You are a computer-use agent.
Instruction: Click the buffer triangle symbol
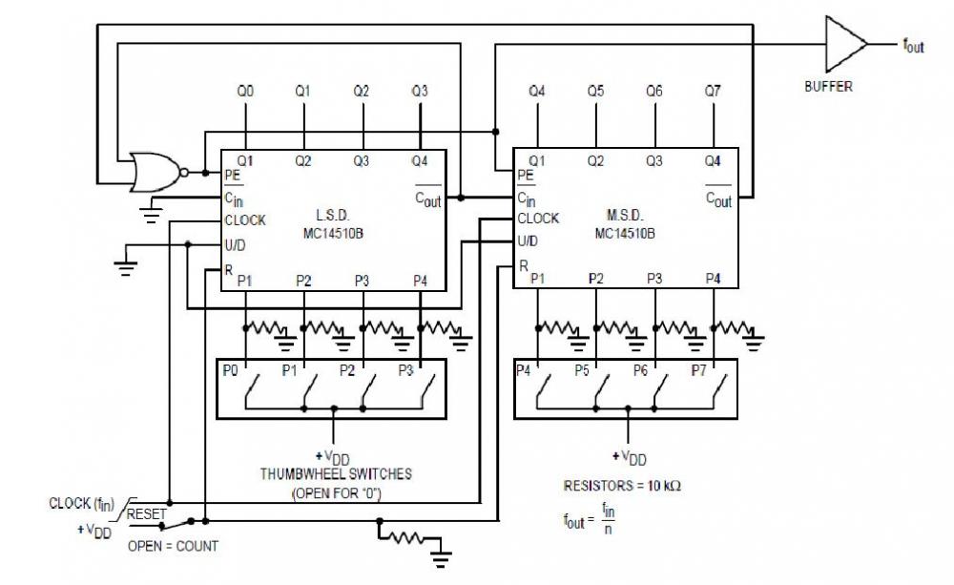[842, 44]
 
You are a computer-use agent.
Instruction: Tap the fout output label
[913, 45]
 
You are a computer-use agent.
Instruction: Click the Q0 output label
[246, 92]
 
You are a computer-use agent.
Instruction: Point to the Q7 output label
[713, 92]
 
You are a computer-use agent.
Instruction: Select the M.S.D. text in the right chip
[624, 216]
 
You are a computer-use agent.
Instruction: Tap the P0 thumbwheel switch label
[230, 369]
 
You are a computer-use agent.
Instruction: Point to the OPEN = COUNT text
[173, 547]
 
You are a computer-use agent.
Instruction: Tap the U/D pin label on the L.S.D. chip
[234, 244]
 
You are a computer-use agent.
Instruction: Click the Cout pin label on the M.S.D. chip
[718, 198]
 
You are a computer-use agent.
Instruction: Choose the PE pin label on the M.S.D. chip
[525, 176]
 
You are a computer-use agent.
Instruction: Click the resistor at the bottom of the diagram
[404, 539]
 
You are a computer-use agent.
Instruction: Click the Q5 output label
[595, 92]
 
